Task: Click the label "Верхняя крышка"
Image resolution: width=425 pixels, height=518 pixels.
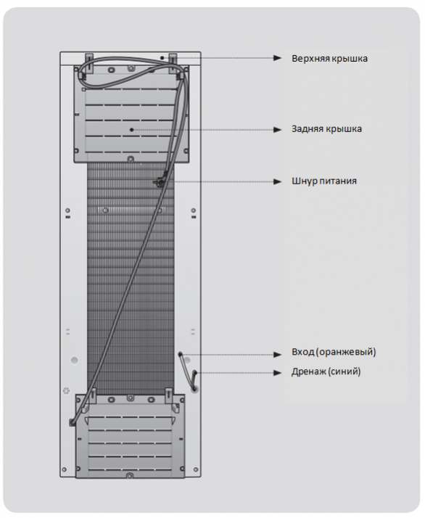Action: [x=329, y=59]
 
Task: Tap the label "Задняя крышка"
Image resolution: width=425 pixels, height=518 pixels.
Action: [x=326, y=129]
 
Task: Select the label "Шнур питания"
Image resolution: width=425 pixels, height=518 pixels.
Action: [x=324, y=181]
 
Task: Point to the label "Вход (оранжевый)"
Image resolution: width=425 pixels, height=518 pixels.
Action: [x=334, y=352]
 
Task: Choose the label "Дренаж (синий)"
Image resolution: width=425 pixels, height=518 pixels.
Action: [x=326, y=371]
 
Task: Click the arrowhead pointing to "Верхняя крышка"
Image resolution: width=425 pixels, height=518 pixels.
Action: [x=277, y=58]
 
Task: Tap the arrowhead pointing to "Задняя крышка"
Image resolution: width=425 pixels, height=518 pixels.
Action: [x=277, y=130]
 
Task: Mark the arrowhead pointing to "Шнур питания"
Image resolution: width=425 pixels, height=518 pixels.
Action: [x=277, y=181]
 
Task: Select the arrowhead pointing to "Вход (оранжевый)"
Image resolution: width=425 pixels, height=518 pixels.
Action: [x=277, y=355]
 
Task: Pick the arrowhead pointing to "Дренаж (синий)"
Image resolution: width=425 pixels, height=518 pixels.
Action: [x=277, y=373]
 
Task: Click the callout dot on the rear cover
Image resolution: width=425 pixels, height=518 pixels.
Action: [x=132, y=130]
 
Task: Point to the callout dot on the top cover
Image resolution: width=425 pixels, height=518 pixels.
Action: [x=162, y=58]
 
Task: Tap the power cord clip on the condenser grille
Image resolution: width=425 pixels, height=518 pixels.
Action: [x=158, y=180]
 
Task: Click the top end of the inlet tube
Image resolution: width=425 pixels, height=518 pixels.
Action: [x=181, y=354]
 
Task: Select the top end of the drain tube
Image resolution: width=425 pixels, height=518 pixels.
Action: [x=195, y=372]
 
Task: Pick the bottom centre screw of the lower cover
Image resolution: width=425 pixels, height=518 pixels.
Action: [x=129, y=476]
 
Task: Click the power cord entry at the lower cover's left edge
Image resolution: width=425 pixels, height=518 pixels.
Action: [x=72, y=422]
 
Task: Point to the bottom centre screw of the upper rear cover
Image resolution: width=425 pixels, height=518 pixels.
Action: [x=131, y=159]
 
